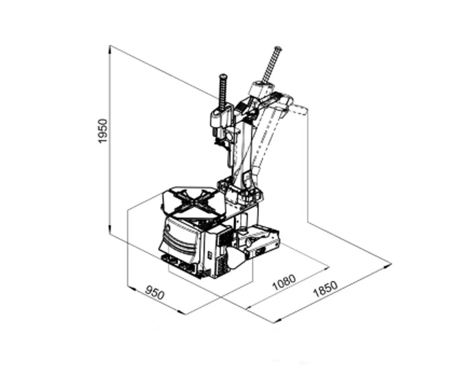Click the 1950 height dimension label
[103, 131]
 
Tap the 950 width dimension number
[155, 293]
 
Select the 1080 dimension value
[284, 282]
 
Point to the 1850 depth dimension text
[325, 288]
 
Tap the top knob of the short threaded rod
[223, 76]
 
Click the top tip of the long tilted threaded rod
[278, 48]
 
